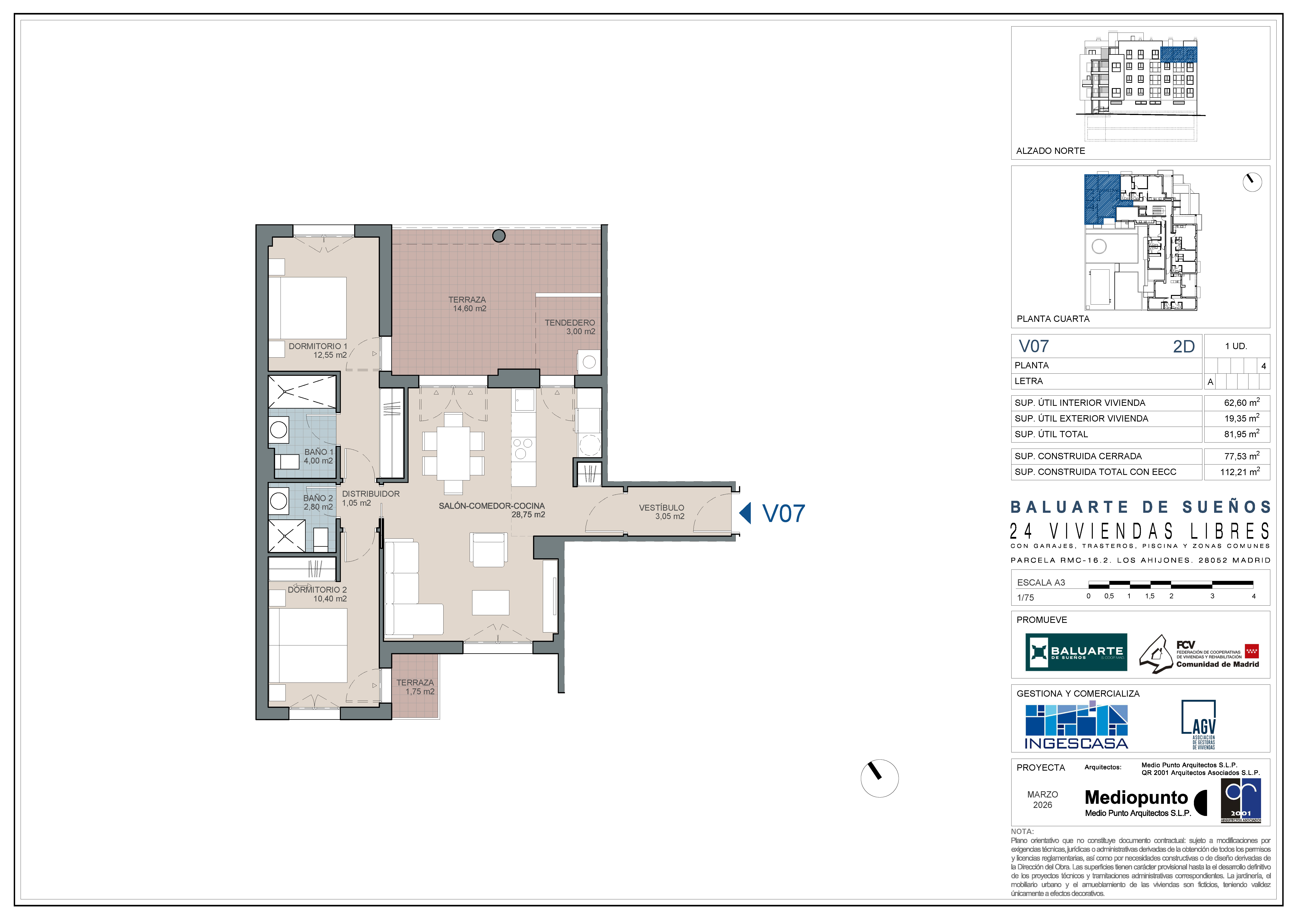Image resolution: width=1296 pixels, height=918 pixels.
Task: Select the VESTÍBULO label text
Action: (662, 508)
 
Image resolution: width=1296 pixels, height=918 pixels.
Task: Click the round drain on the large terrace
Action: (499, 236)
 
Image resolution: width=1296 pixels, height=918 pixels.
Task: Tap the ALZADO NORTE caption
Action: (1051, 151)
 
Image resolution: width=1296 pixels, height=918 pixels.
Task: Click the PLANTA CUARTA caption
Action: (1053, 319)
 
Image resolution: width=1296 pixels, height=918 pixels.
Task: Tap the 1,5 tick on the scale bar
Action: (1150, 596)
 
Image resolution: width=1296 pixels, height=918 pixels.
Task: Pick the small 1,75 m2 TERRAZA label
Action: (416, 687)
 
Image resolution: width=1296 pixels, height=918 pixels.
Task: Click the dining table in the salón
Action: (453, 453)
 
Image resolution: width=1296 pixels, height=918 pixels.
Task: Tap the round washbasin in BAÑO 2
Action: (278, 501)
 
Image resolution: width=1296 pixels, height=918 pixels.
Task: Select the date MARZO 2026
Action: (1042, 799)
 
